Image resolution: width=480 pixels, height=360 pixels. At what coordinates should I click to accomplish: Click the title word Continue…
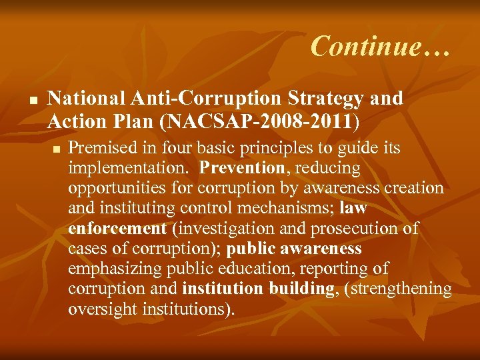coord(381,46)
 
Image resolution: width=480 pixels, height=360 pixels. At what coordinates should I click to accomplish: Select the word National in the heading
coord(87,98)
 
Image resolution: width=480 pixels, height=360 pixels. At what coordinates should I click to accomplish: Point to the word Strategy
coord(327,98)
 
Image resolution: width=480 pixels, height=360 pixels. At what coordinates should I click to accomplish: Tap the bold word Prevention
coord(242,167)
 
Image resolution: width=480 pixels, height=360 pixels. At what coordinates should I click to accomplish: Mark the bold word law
coord(353,208)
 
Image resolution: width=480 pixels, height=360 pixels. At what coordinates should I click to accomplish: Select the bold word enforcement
coord(117,229)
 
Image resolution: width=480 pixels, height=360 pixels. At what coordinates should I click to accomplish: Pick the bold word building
coord(301,289)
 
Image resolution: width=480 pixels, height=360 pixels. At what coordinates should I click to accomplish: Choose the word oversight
coord(102,310)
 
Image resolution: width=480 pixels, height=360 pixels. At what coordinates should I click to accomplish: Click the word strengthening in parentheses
coord(408,289)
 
